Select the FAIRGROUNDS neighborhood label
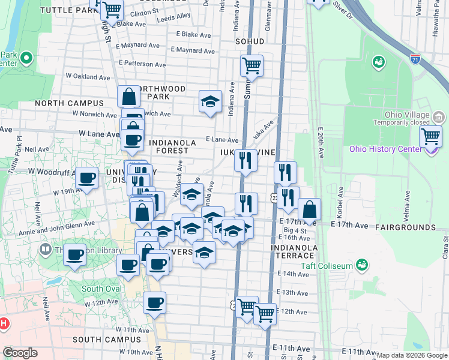405,227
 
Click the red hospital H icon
3,323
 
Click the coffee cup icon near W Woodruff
87,178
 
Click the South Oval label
101,289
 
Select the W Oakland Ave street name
88,77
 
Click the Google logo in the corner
20,353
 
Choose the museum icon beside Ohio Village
439,116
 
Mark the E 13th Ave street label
294,293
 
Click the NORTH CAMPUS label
70,103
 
